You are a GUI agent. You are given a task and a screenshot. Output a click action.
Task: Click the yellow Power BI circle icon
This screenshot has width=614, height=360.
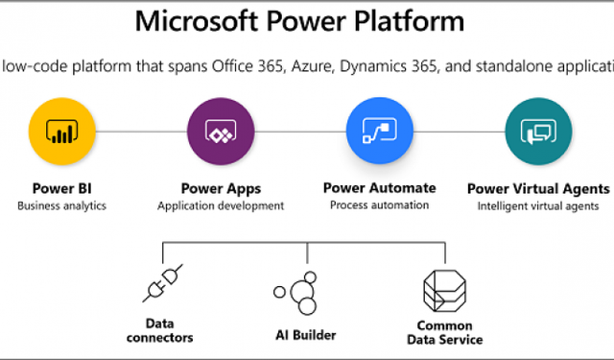(60, 131)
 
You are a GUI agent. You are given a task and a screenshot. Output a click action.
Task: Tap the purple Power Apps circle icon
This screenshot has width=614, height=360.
(220, 131)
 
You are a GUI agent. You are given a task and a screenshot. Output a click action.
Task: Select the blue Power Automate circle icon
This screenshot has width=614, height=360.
(379, 131)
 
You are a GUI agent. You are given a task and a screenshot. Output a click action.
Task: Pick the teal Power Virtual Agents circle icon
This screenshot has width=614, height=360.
(537, 131)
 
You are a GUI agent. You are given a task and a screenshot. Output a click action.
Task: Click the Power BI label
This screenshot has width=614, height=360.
(61, 188)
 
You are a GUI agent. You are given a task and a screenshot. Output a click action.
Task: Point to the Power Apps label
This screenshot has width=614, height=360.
(220, 188)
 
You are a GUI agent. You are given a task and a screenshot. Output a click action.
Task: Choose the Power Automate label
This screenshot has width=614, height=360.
(379, 187)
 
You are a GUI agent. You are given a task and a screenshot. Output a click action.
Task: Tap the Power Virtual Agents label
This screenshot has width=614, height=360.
(537, 188)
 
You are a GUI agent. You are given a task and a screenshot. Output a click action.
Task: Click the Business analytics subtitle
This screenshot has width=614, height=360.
(61, 205)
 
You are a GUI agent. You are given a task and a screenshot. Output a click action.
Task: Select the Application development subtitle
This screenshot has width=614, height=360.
(220, 205)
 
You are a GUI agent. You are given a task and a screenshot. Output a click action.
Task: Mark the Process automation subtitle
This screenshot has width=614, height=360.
(379, 204)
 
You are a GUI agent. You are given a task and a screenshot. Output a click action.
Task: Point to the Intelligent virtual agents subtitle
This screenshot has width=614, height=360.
(537, 205)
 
